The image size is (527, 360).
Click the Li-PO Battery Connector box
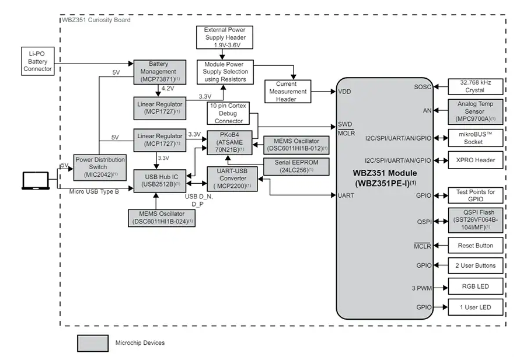38,61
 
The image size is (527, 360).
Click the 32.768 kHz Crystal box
476,86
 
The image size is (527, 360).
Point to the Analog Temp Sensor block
476,111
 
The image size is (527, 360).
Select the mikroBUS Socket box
476,138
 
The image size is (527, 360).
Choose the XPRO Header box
476,160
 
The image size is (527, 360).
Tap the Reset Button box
476,246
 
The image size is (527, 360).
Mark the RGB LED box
476,286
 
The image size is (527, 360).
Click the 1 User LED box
476,307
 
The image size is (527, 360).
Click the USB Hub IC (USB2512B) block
158,181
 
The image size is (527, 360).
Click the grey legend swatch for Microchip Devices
93,343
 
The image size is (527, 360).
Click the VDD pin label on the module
344,92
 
